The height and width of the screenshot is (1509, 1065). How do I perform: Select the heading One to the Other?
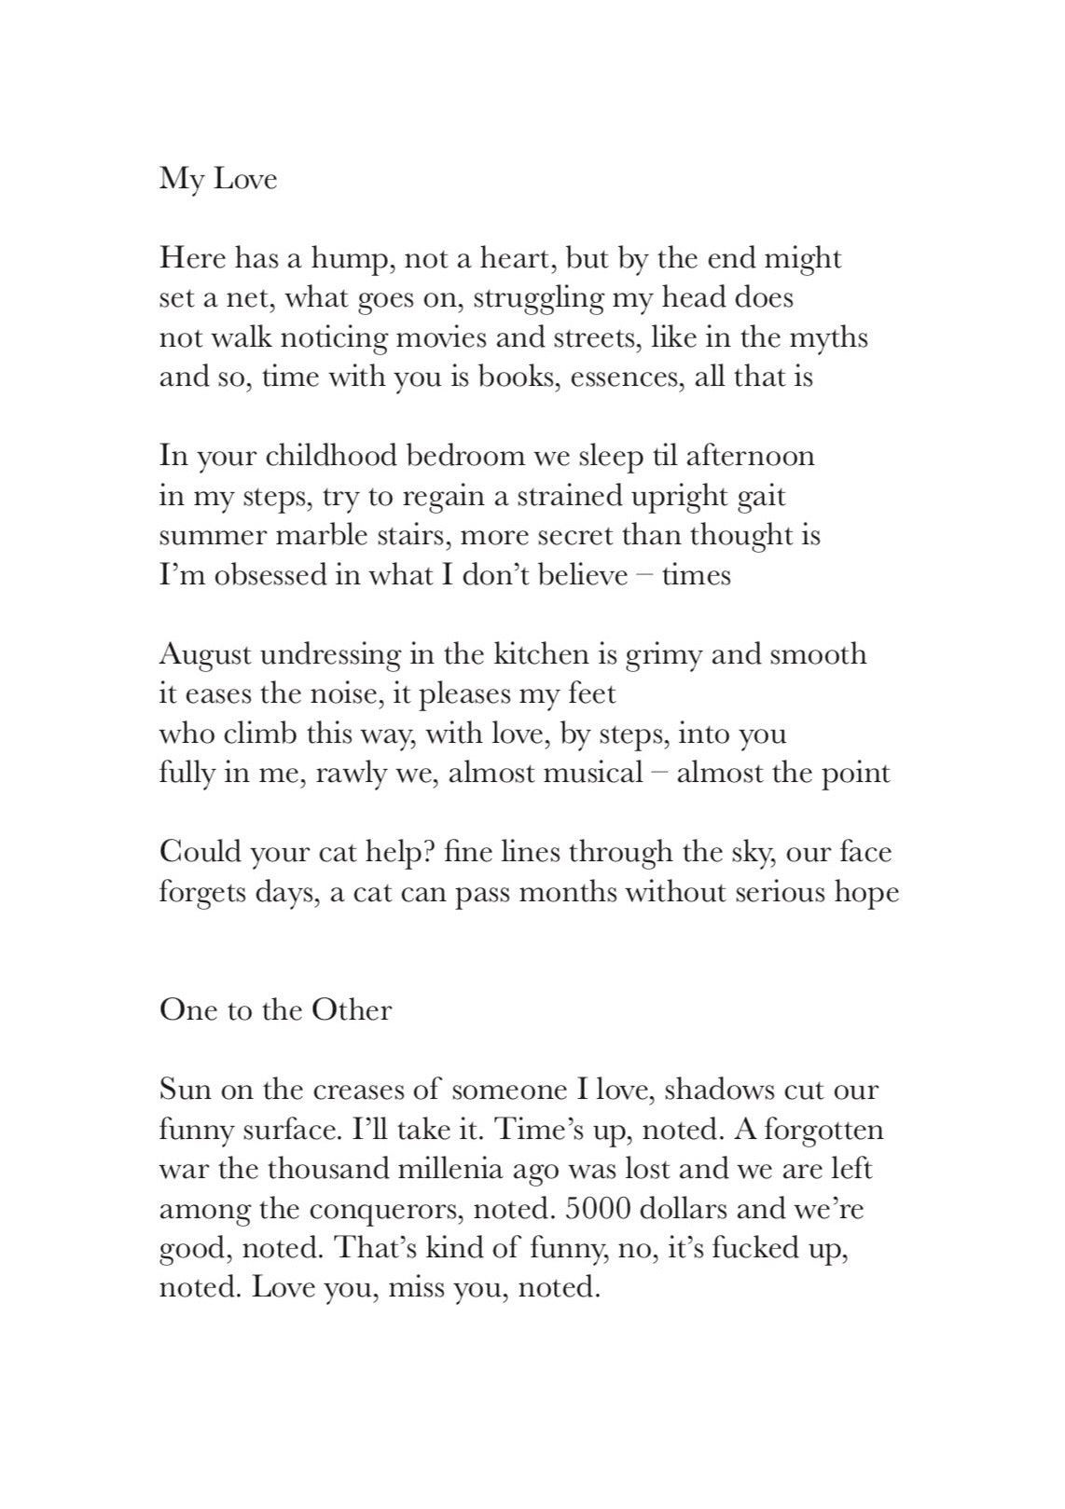coord(275,1009)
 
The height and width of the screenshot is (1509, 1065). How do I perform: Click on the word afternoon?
coord(751,456)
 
